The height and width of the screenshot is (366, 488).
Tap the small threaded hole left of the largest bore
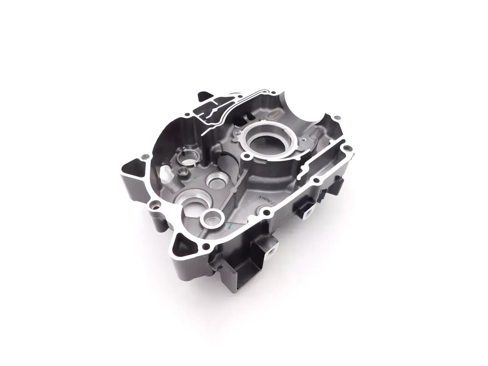[237, 133]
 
